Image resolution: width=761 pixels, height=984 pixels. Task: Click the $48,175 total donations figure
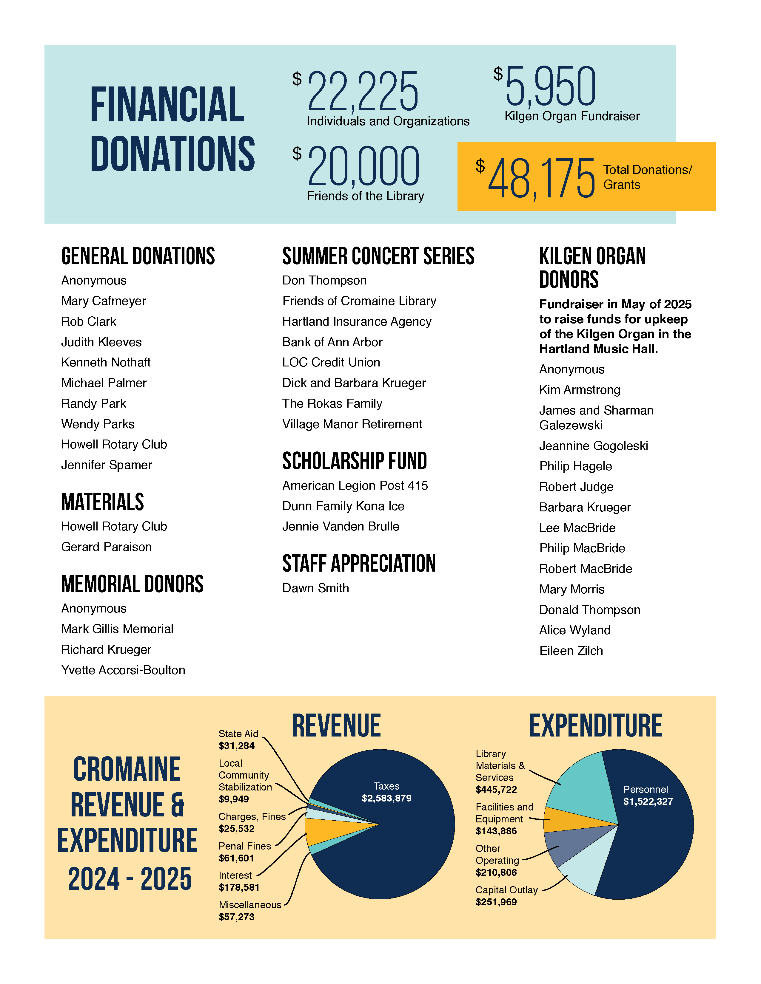pyautogui.click(x=541, y=178)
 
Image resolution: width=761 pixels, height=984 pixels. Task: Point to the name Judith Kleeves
pyautogui.click(x=101, y=342)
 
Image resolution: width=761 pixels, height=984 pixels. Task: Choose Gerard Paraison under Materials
pyautogui.click(x=107, y=547)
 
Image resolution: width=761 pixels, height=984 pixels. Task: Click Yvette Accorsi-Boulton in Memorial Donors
pyautogui.click(x=123, y=670)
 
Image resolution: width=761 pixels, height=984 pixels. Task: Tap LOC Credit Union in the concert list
pyautogui.click(x=331, y=362)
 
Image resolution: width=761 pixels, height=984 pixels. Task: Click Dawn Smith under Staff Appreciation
pyautogui.click(x=315, y=588)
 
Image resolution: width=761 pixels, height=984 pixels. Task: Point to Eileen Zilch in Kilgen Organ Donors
pyautogui.click(x=571, y=651)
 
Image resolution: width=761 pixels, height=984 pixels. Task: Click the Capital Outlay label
pyautogui.click(x=506, y=890)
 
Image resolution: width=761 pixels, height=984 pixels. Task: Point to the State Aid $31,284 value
pyautogui.click(x=237, y=746)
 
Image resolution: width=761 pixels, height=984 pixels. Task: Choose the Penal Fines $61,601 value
pyautogui.click(x=237, y=858)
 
